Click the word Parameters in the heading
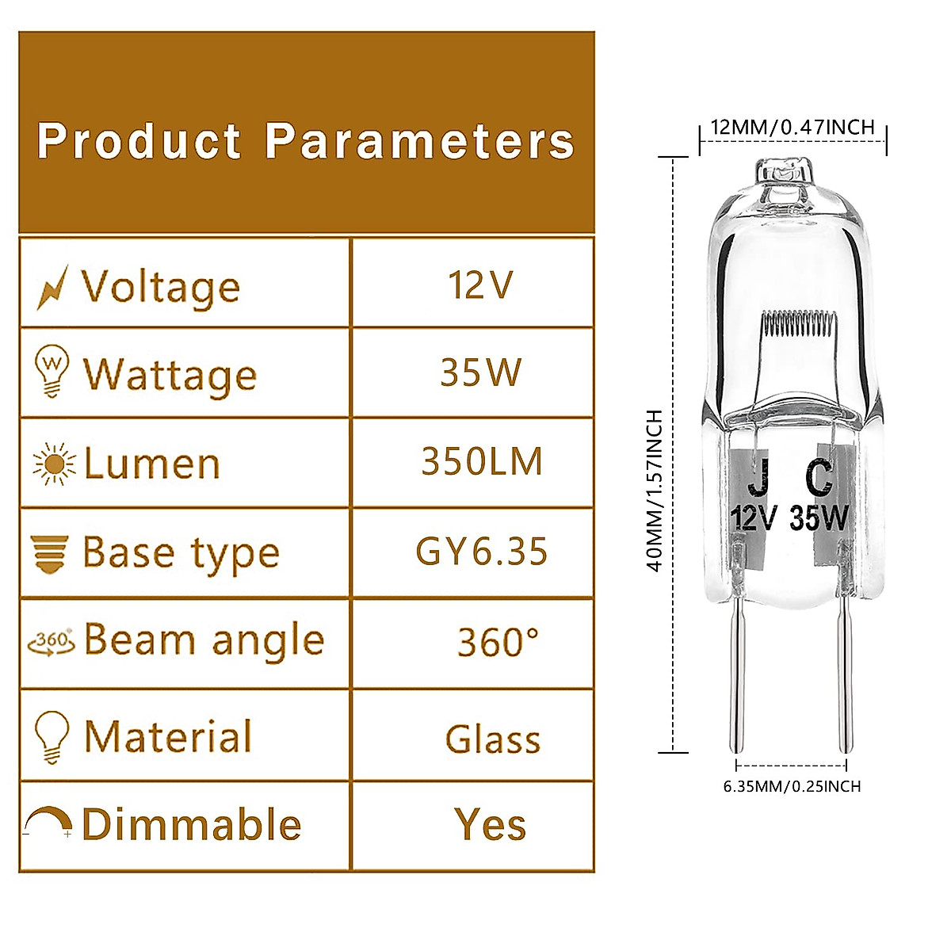coord(419,142)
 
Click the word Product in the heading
coord(139,142)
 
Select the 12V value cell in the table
coord(481,285)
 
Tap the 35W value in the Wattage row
coord(481,372)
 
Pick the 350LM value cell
coord(482,461)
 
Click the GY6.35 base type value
coord(482,552)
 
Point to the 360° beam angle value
coord(498,642)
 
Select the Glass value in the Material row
coord(493,739)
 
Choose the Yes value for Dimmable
coord(491,824)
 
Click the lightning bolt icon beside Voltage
coord(52,286)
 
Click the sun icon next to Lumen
coord(54,464)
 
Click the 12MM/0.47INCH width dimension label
coord(792,127)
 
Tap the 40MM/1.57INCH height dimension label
coord(655,491)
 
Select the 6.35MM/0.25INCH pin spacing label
coord(792,786)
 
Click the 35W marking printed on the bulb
coord(819,518)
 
